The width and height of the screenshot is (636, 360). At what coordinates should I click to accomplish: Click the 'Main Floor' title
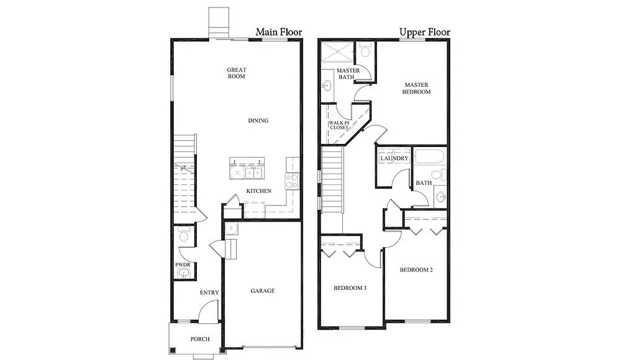(278, 32)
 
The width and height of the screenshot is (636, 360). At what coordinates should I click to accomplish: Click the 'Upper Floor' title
(424, 32)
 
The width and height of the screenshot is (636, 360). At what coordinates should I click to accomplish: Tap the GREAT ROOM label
(236, 73)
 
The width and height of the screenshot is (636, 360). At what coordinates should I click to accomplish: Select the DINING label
(258, 120)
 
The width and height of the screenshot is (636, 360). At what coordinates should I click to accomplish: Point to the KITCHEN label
(258, 191)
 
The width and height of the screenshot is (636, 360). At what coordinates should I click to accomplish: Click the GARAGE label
(262, 290)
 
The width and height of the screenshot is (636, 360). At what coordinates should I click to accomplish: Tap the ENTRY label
(208, 292)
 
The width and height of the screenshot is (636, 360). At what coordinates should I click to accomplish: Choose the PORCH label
(200, 339)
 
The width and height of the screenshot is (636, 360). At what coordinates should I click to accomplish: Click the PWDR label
(182, 265)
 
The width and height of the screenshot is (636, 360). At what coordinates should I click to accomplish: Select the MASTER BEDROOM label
(417, 88)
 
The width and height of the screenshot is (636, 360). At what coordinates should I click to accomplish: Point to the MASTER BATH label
(348, 74)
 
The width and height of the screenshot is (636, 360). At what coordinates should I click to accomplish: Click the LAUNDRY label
(394, 158)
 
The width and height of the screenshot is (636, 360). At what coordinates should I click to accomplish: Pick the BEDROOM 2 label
(416, 269)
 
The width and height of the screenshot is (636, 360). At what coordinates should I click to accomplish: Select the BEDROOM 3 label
(350, 287)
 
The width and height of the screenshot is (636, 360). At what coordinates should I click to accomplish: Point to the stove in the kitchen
(291, 181)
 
